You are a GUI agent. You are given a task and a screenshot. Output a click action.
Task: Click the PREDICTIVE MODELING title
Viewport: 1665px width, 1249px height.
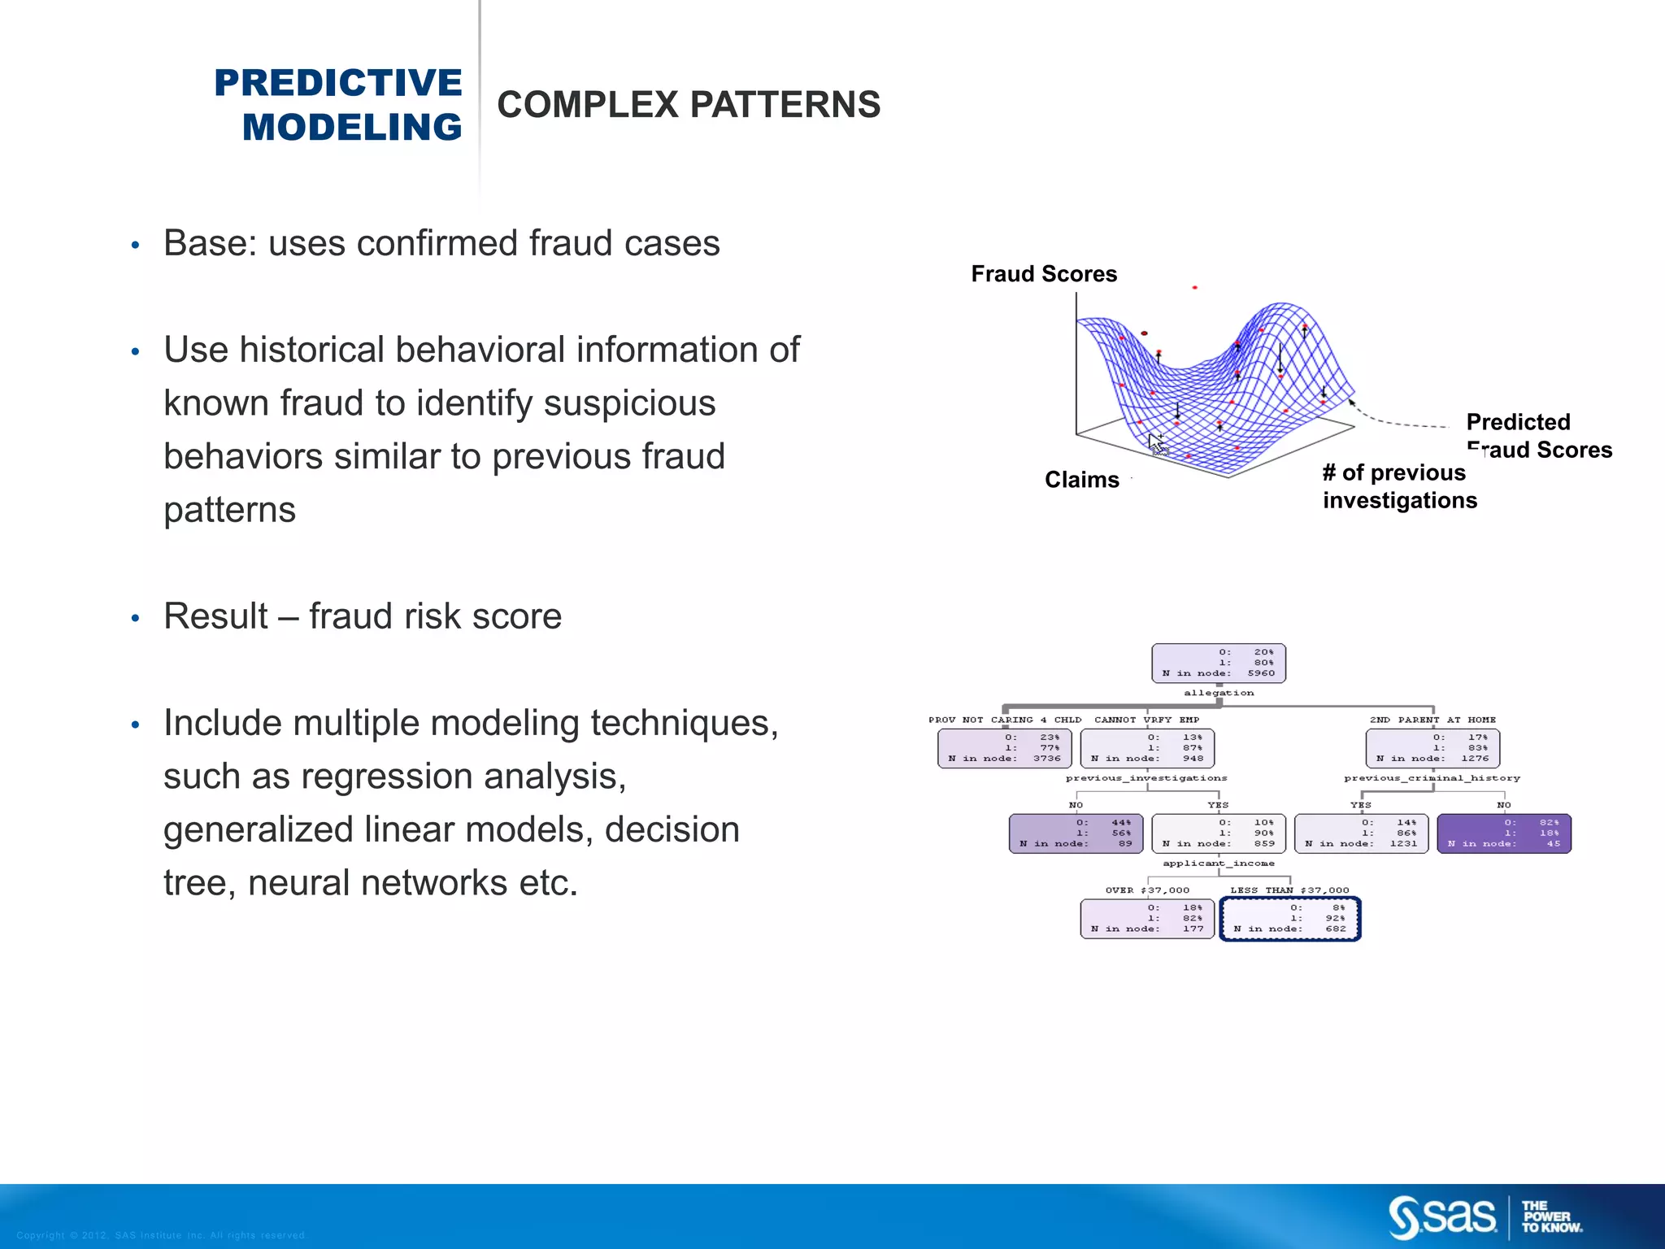338,105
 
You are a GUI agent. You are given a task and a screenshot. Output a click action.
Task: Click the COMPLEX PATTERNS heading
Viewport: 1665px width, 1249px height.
689,105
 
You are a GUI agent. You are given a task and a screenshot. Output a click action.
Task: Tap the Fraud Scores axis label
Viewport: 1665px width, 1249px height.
1044,274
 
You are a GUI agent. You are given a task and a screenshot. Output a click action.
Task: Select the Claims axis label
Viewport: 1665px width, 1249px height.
1081,480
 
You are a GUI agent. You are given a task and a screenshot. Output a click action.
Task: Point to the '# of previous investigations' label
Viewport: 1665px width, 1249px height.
1399,486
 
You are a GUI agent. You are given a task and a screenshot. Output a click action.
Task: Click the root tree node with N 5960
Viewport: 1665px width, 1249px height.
1219,663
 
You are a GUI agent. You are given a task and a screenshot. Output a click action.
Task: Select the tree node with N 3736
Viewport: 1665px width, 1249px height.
1004,748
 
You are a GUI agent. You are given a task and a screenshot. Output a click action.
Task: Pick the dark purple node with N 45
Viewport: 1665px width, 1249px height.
1504,833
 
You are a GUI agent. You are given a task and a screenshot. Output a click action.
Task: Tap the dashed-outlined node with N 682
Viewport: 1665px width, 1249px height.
1290,919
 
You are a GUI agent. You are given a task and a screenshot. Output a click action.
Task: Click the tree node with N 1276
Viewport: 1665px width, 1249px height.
1432,748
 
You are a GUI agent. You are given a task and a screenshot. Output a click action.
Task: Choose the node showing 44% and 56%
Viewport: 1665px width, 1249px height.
1076,833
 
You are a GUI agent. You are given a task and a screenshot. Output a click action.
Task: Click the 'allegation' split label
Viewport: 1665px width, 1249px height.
1219,693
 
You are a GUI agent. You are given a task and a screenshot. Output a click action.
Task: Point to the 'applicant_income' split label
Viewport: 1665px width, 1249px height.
1219,864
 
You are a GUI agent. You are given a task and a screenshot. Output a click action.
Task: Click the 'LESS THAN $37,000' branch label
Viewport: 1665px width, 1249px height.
1289,890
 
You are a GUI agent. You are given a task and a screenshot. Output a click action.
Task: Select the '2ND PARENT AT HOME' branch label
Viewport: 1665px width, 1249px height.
1432,720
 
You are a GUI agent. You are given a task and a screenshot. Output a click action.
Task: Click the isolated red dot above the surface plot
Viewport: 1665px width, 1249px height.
1194,288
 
